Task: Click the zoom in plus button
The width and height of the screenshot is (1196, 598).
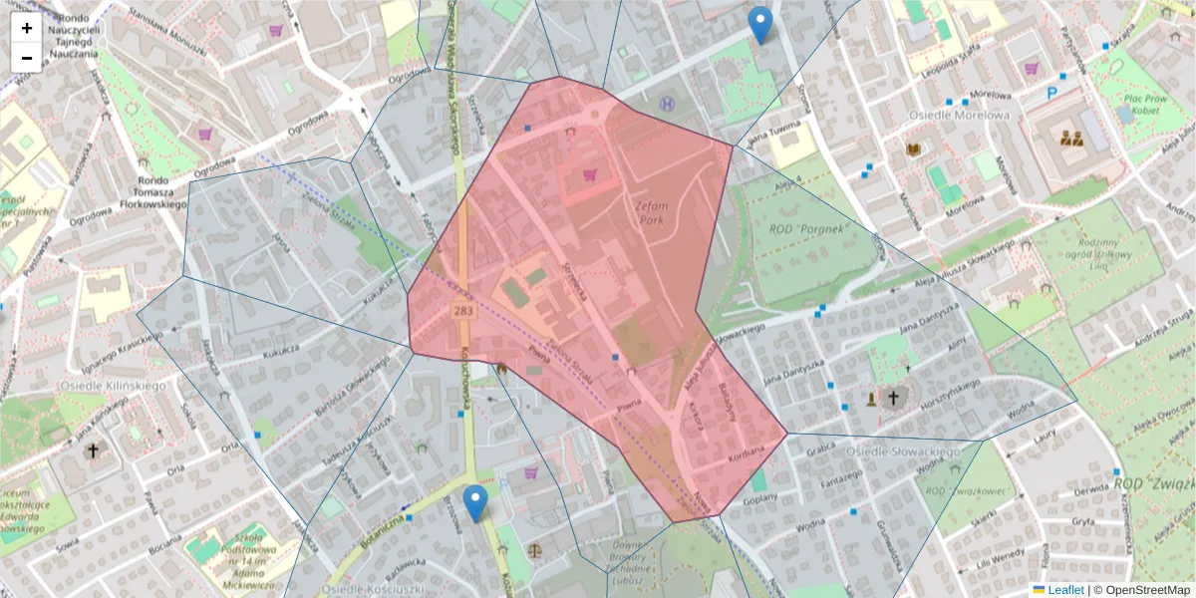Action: pos(27,28)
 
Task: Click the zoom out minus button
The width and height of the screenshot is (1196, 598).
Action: pos(27,58)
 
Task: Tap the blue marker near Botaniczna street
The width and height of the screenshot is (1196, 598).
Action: pos(476,502)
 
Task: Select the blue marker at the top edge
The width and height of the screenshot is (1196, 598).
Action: pos(760,24)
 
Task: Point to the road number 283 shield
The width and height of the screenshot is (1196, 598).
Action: pos(462,312)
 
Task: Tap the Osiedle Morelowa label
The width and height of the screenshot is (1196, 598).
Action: pos(959,115)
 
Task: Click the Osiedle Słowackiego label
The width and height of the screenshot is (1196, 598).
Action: pos(902,451)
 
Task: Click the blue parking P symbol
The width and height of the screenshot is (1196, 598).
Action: pos(1051,94)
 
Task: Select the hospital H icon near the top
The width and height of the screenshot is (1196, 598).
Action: pos(667,103)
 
